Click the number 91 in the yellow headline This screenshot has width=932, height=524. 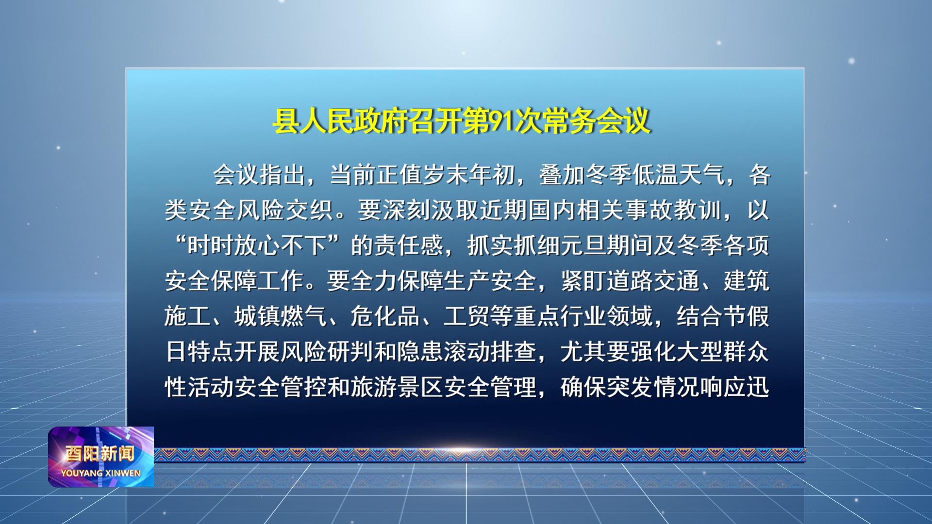pos(501,121)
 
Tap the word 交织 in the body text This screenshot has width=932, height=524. pos(309,210)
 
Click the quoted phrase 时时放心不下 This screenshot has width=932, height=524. pos(257,246)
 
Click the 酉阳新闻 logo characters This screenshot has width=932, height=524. pos(100,454)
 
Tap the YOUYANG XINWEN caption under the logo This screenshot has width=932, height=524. pos(101,473)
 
